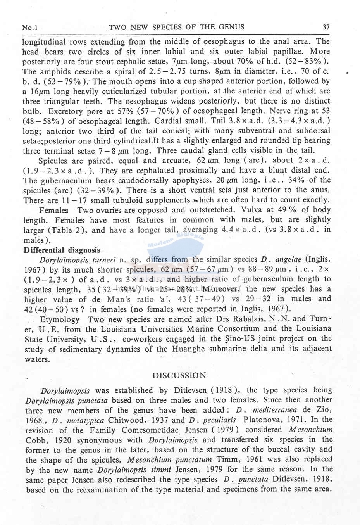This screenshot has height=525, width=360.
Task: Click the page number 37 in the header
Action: (x=326, y=27)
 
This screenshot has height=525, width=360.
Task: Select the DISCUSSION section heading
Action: (x=179, y=375)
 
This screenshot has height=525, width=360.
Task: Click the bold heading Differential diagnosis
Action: (x=62, y=250)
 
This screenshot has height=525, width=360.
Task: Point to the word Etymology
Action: (x=60, y=319)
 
